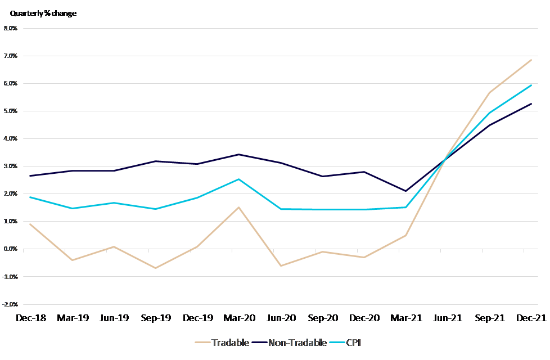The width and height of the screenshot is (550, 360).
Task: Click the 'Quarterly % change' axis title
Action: [x=43, y=13]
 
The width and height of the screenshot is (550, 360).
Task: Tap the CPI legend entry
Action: [x=352, y=343]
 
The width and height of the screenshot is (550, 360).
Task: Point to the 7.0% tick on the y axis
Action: [x=11, y=56]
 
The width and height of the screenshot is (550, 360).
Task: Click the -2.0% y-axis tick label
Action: [x=11, y=304]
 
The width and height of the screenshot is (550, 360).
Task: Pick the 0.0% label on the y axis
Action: [x=11, y=249]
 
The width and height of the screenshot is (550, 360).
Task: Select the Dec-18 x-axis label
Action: [x=30, y=318]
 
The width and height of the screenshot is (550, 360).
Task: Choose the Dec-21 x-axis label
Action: [x=530, y=318]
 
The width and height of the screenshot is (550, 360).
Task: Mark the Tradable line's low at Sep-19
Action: [x=155, y=268]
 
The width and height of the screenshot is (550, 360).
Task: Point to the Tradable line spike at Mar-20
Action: [x=238, y=208]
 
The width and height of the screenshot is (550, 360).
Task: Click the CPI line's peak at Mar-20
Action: [x=238, y=179]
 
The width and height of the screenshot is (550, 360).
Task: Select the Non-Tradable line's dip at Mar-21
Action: [x=405, y=191]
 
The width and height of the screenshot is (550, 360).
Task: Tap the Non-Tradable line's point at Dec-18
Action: [x=30, y=175]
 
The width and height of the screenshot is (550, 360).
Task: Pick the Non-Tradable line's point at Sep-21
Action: [x=489, y=125]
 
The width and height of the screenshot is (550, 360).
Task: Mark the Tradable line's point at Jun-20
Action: [x=280, y=265]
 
